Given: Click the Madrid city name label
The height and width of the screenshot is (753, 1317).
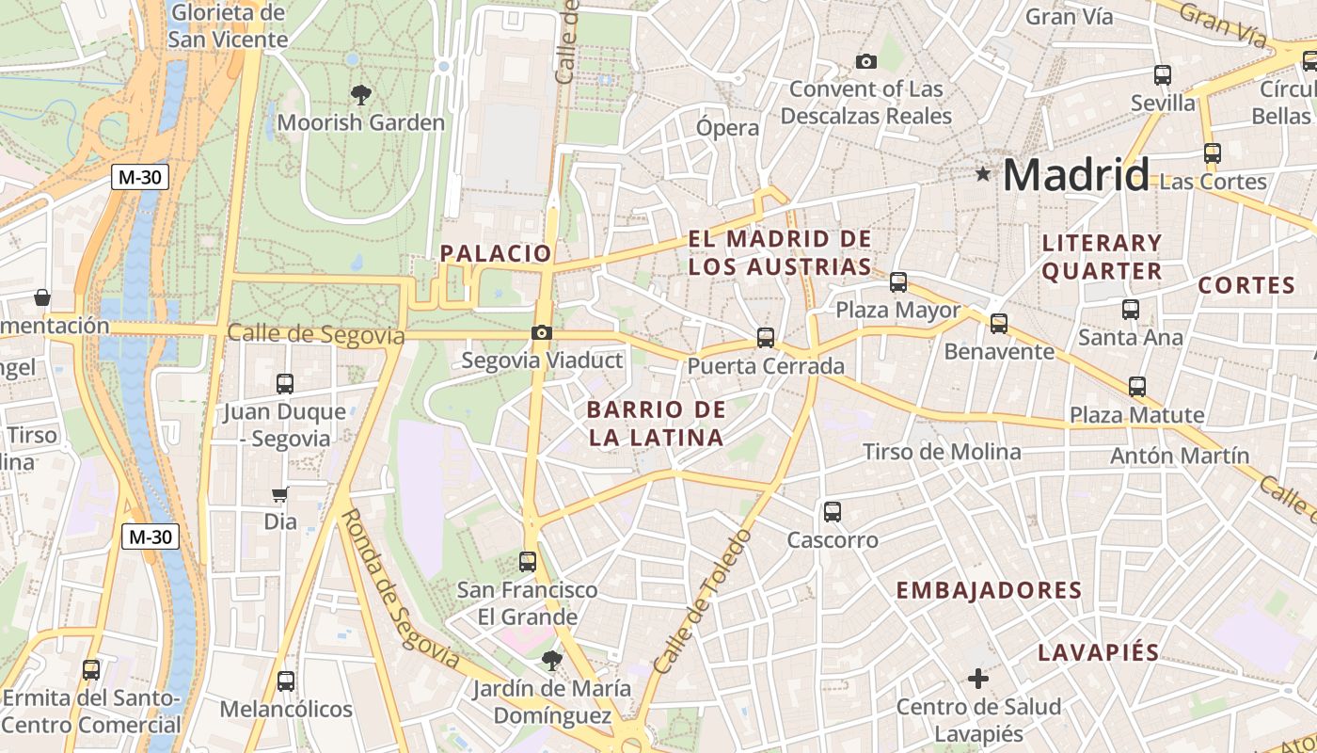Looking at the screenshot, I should pos(1075,175).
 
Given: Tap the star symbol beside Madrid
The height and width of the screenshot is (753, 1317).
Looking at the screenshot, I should pos(983,173).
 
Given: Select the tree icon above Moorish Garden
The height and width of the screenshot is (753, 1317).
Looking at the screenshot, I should pos(360,94).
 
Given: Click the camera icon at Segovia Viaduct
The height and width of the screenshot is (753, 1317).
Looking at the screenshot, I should pos(541,332).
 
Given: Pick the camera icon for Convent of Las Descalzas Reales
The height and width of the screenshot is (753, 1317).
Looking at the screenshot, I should pos(865,62).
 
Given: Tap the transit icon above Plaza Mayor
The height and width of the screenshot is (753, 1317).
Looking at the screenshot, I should pos(898,281).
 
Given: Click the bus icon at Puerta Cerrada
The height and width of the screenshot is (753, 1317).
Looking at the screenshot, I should pos(766,337).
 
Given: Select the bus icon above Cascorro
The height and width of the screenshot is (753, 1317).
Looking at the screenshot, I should pos(833,512).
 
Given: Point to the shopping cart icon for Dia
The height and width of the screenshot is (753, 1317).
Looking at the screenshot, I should pos(279,494).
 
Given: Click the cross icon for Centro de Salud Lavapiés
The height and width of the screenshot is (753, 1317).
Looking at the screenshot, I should pos(978,678).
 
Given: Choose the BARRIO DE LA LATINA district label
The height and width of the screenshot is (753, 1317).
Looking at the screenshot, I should pos(657,423).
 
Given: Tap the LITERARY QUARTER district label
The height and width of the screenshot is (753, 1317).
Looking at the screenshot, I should pos(1102,257).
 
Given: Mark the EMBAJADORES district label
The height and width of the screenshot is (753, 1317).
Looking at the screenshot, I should pos(989,590).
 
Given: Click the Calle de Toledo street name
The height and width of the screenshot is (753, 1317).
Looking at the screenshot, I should pos(703,602).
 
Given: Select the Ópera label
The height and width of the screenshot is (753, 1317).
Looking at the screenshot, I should pos(727,128).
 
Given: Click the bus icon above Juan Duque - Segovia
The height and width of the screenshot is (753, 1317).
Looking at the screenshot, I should pos(285,384).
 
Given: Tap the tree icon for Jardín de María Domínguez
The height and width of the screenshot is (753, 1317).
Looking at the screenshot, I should pos(551,661).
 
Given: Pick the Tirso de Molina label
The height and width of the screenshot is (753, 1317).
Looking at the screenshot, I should pos(942,452).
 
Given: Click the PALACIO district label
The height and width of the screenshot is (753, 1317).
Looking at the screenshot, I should pos(496,253).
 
